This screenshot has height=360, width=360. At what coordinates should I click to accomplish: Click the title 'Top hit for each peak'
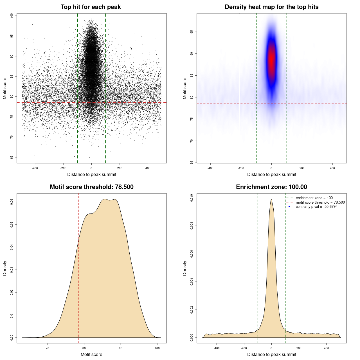coord(91,7)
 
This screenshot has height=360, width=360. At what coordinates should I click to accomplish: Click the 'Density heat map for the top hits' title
coord(271,7)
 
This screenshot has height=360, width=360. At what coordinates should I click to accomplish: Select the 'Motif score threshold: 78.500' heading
coord(91,187)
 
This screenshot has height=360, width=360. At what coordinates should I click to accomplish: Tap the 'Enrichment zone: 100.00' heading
coord(271,187)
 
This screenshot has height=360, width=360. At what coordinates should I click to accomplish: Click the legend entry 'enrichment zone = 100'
coord(314,198)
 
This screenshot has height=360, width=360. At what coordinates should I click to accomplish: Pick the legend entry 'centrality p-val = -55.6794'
coord(316,207)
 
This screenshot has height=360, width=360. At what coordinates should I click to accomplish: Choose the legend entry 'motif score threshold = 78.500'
coord(320,202)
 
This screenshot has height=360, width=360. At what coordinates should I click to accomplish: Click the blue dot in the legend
coord(289,207)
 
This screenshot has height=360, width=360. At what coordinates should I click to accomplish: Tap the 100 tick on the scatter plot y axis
coord(12,16)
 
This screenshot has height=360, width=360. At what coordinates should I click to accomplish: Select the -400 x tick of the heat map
coord(210,168)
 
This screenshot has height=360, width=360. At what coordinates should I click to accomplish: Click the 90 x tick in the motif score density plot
coord(121,348)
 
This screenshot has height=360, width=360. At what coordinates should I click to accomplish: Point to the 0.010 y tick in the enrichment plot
coord(192,198)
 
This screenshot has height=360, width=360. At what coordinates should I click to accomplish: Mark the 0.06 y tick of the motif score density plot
coord(12,202)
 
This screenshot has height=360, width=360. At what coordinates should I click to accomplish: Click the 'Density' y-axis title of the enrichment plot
coord(185,268)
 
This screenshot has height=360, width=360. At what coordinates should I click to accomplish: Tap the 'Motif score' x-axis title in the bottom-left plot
coord(91,354)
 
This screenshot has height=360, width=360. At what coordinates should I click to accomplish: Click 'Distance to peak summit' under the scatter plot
coord(92,174)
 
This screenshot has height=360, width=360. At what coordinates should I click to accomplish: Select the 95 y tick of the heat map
coord(192,32)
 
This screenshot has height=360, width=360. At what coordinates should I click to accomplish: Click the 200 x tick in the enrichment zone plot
coord(299,348)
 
